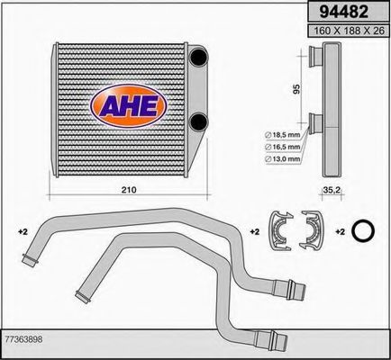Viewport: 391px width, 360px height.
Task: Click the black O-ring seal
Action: pyautogui.click(x=362, y=232)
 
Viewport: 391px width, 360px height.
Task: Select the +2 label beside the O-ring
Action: pyautogui.click(x=341, y=232)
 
